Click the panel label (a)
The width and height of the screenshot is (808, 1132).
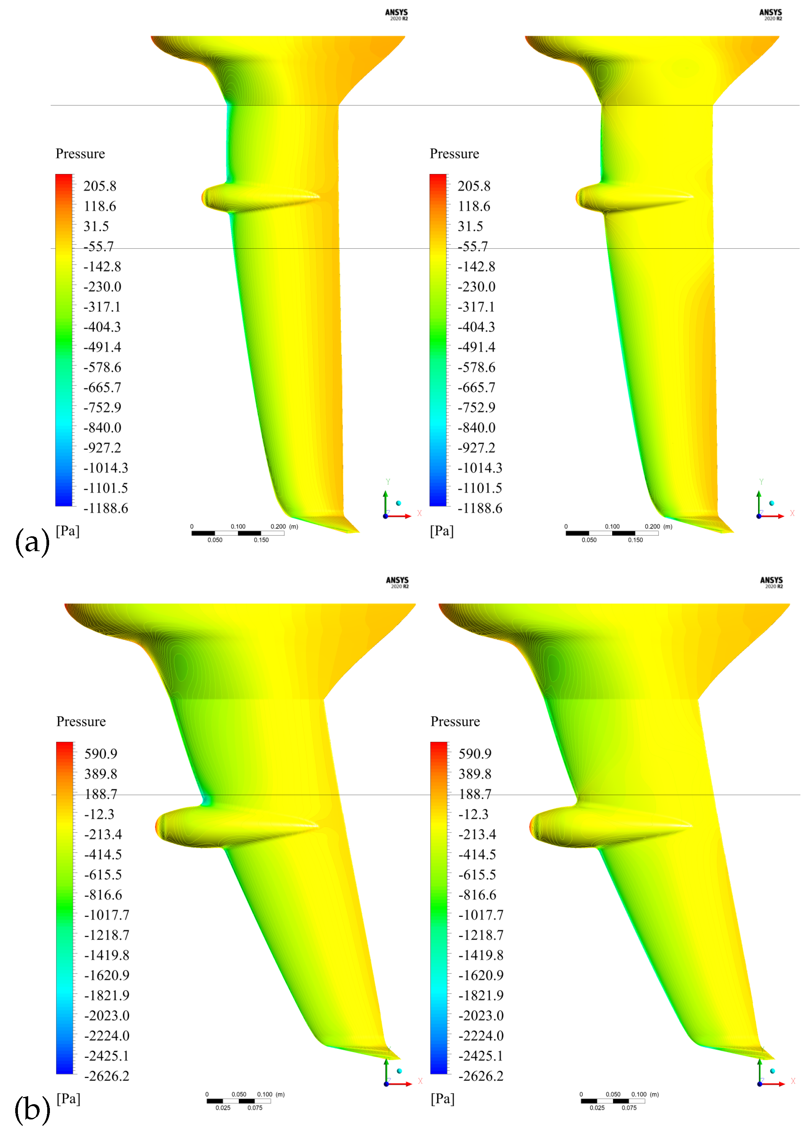point(32,541)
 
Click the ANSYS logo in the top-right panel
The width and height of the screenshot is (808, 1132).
point(771,14)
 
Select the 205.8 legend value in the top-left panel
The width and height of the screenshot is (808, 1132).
point(99,186)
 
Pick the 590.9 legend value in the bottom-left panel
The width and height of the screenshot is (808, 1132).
point(101,754)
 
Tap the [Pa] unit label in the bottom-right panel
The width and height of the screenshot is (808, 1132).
point(442,1099)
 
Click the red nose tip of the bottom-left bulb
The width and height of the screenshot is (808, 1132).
point(158,828)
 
